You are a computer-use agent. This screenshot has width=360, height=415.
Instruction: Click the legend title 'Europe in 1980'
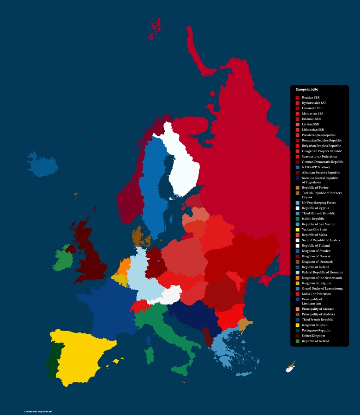tap(307, 89)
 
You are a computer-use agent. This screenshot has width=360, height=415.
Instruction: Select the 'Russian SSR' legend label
tap(311, 98)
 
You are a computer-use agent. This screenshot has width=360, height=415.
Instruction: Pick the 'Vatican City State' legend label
tap(314, 229)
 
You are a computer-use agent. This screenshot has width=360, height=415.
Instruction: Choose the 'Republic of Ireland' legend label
tap(316, 341)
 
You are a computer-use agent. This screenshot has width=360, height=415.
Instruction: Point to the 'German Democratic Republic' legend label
tap(323, 162)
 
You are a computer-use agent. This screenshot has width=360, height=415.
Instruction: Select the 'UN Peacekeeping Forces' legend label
tap(319, 203)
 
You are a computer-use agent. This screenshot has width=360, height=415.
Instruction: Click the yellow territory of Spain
tap(78, 355)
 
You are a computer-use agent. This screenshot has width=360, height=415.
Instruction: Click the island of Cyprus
tap(290, 367)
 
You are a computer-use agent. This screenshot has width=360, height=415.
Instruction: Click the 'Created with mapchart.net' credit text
tap(38, 411)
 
